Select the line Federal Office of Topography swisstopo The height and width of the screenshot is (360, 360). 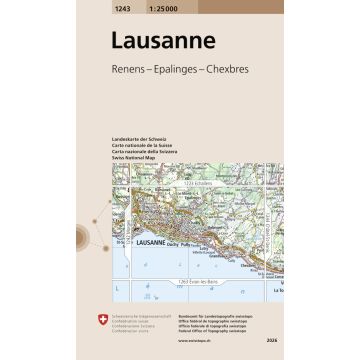pyautogui.click(x=216, y=329)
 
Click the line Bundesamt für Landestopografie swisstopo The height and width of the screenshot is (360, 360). pyautogui.click(x=217, y=314)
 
